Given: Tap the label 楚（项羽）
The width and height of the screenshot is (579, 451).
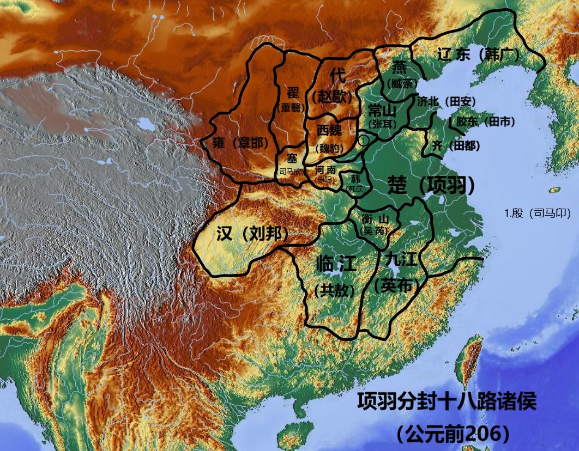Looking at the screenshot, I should [431, 185].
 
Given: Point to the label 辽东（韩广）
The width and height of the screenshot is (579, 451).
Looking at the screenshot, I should [479, 54].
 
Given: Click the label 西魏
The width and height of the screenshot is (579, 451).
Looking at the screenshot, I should [330, 131].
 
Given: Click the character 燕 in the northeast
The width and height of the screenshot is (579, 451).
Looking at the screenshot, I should [400, 67].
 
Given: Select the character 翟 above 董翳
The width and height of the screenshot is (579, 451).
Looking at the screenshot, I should [293, 92].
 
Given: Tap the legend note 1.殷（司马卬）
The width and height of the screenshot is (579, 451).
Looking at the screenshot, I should [538, 214].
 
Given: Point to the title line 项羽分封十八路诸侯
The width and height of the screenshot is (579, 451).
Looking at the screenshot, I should [447, 402].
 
